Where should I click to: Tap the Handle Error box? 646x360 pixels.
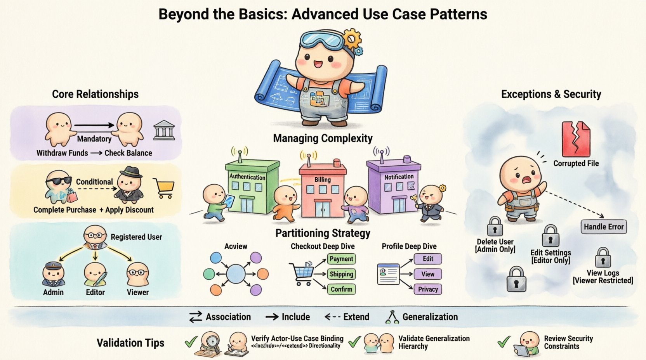[x=603, y=227]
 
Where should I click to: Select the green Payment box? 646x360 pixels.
[x=341, y=259]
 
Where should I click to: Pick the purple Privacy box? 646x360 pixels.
[x=427, y=289]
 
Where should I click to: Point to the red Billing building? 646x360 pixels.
[x=322, y=192]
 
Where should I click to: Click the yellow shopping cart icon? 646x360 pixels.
[x=164, y=188]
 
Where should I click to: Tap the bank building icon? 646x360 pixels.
[x=164, y=130]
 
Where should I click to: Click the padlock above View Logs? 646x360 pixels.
[x=603, y=257]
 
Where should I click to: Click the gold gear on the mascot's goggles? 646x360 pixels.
[x=352, y=38]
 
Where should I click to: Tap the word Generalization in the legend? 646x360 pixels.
[x=430, y=317]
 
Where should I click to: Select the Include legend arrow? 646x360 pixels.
[x=272, y=317]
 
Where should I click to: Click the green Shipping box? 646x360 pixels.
[x=341, y=274]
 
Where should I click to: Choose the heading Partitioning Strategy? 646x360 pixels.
[x=323, y=233]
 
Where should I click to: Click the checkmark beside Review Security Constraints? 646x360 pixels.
[x=504, y=342]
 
